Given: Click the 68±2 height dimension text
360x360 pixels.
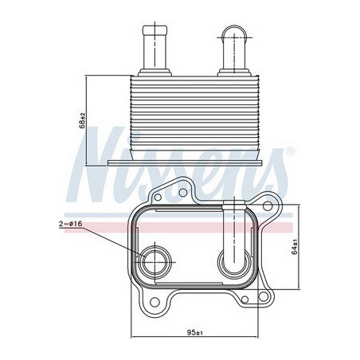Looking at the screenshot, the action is [82, 120].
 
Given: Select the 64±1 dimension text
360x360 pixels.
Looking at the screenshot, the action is [294, 247].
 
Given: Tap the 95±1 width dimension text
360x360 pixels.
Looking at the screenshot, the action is [194, 332].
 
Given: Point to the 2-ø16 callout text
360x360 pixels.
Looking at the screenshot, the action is [70, 224].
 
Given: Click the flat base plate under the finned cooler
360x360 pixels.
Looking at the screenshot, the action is [185, 163].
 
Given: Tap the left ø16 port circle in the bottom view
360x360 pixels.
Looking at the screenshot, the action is [155, 262].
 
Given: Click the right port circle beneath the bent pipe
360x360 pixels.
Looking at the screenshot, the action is [234, 263].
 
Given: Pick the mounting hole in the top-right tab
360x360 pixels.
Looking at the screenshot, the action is [268, 205].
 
